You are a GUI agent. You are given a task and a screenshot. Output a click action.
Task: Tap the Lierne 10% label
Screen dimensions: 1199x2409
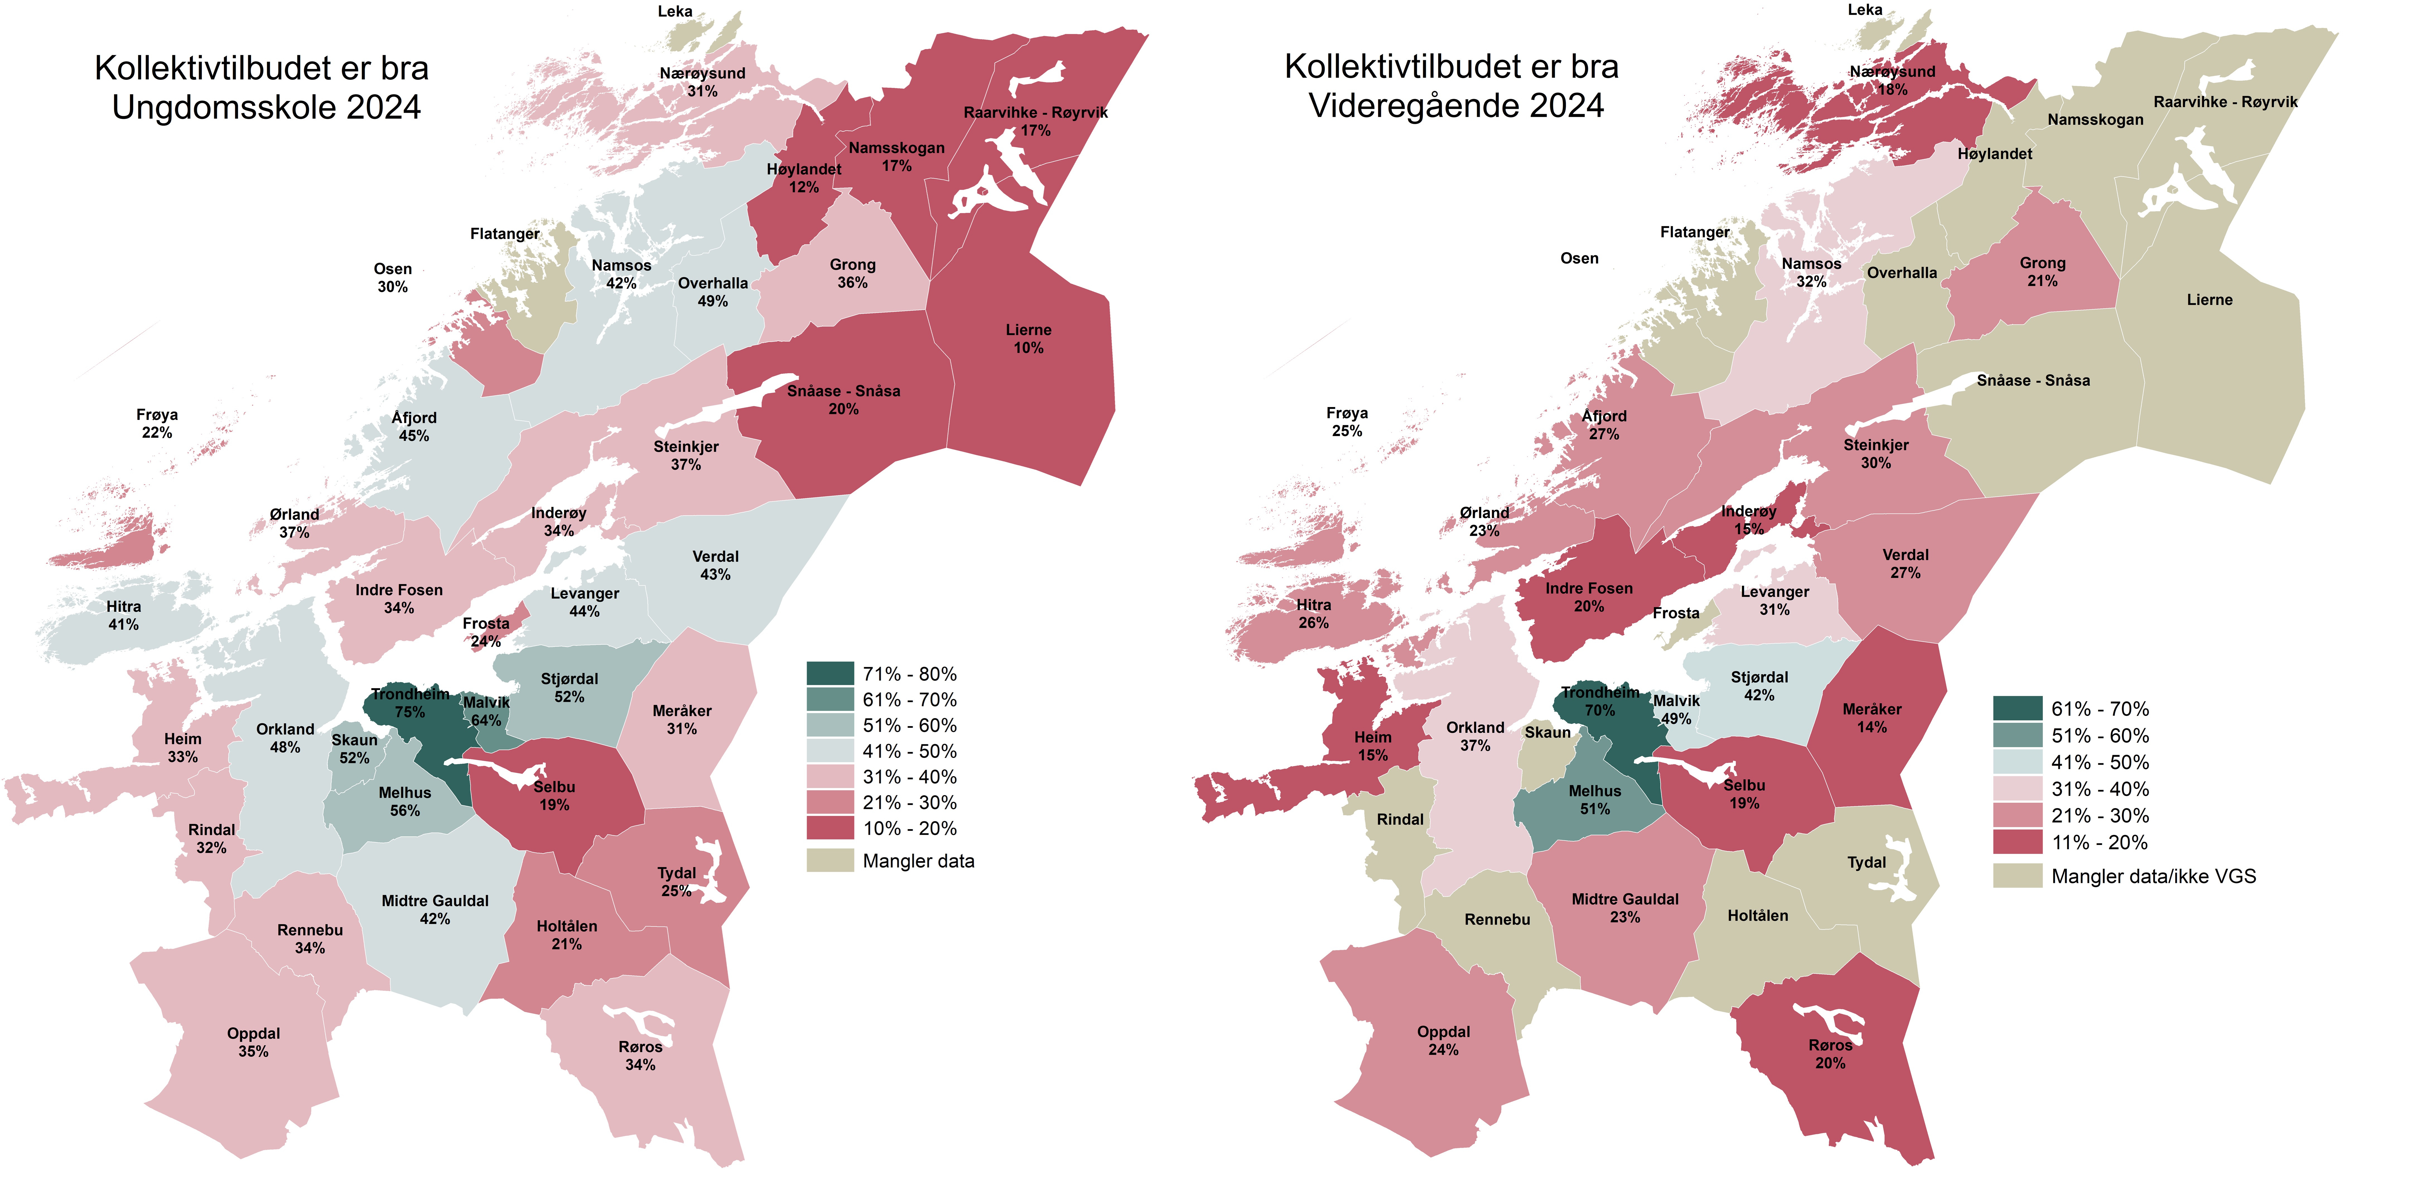(x=1029, y=339)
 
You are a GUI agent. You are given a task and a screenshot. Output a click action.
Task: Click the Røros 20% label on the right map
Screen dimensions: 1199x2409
(x=1830, y=1054)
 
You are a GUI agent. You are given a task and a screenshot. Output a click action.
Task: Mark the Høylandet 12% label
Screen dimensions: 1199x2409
(x=804, y=178)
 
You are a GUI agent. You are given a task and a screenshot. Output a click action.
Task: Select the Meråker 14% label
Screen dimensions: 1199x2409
(x=1872, y=718)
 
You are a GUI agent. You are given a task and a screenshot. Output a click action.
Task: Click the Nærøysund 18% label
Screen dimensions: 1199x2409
(x=1893, y=80)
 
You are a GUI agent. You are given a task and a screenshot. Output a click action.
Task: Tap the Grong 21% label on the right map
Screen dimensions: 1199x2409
(x=2043, y=272)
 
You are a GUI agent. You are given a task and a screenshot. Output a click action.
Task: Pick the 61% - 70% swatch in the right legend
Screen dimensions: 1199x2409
(x=2017, y=708)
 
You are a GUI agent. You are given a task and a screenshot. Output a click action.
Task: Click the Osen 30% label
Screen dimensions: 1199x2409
(x=393, y=278)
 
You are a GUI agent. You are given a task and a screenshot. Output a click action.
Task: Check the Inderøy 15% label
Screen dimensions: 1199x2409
(x=1749, y=520)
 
